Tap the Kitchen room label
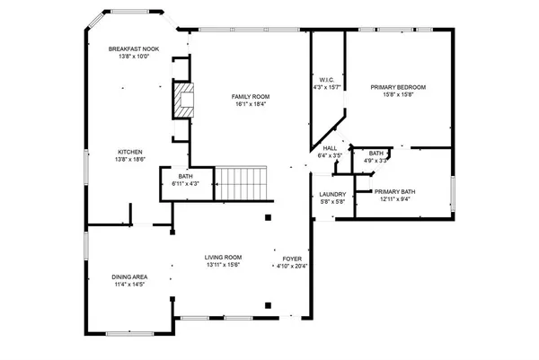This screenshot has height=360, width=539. point(129,152)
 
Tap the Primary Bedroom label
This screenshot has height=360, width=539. point(398,87)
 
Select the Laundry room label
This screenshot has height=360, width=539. point(332,195)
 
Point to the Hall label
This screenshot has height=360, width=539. point(331,148)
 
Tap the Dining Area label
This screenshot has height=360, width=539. point(129,277)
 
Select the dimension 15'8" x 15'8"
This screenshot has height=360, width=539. point(398,94)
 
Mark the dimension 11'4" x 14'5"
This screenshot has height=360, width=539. point(129,285)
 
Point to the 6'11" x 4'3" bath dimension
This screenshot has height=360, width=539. point(185,184)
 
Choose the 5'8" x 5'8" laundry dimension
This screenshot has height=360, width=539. point(332,202)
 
